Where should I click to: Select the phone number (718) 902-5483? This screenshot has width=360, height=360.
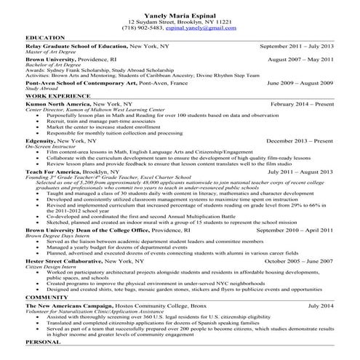[142, 28]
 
